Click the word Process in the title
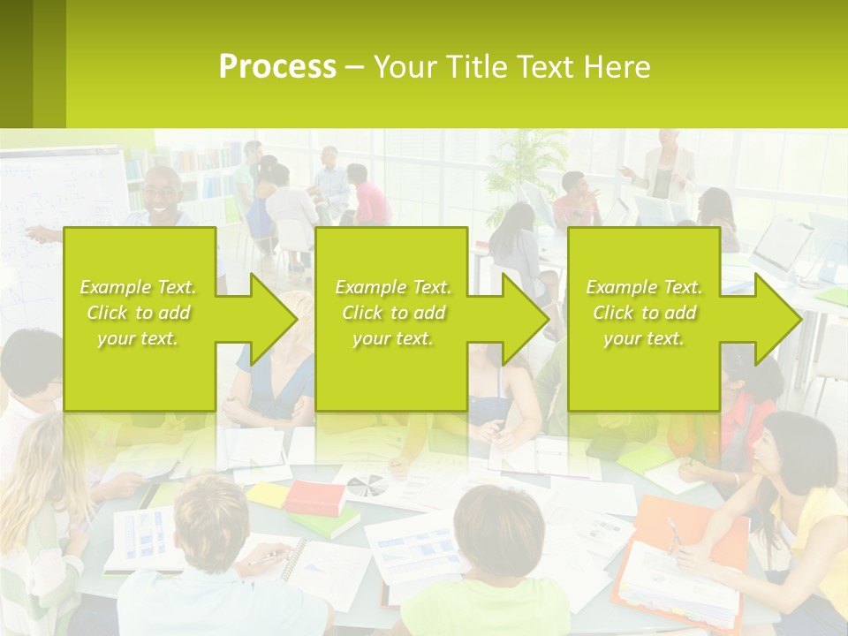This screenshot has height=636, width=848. coord(277,67)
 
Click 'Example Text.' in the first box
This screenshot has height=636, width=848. coord(139,287)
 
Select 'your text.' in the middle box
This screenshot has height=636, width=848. coord(392,338)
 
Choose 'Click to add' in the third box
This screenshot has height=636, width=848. coord(644,313)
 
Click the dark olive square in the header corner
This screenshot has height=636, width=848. coord(17,64)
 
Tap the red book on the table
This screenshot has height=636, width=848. coord(314,497)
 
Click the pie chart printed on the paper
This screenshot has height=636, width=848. coord(366,485)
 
